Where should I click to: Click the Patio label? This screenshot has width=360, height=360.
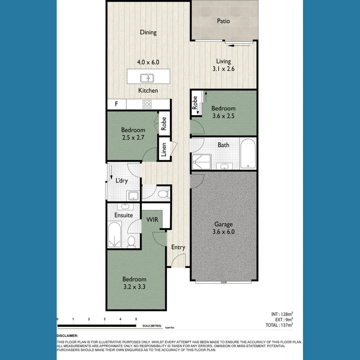pyautogui.click(x=223, y=21)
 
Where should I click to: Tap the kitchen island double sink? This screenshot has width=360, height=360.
pyautogui.click(x=147, y=78)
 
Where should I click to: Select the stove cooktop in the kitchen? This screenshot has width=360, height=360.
pyautogui.click(x=147, y=104)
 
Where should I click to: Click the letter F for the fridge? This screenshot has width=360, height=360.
pyautogui.click(x=116, y=104)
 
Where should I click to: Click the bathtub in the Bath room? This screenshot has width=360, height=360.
pyautogui.click(x=248, y=154)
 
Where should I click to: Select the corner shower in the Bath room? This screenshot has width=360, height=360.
pyautogui.click(x=201, y=163)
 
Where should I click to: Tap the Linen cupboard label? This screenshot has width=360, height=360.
pyautogui.click(x=164, y=149)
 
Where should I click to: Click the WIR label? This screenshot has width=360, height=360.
pyautogui.click(x=152, y=220)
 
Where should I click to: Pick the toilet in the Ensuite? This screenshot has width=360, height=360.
pyautogui.click(x=131, y=241)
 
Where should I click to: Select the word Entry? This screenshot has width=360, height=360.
pyautogui.click(x=178, y=247)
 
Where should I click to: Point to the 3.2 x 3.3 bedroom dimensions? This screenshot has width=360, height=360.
pyautogui.click(x=134, y=286)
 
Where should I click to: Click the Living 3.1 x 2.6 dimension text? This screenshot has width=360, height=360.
pyautogui.click(x=223, y=69)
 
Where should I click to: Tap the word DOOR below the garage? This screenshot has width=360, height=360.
pyautogui.click(x=223, y=283)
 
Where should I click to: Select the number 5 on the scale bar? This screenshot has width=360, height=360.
pyautogui.click(x=136, y=319)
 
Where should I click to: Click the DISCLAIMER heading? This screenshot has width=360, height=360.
pyautogui.click(x=67, y=336)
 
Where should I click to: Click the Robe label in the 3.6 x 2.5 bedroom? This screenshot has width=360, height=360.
pyautogui.click(x=195, y=103)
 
